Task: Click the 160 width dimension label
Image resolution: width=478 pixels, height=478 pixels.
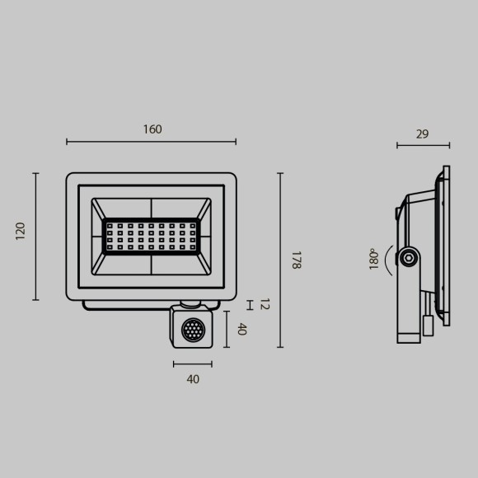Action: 152,129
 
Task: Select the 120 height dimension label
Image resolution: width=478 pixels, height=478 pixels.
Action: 21,231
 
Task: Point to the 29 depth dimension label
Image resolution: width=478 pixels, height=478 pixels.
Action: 422,134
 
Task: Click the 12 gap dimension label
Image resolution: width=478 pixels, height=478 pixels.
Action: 265,304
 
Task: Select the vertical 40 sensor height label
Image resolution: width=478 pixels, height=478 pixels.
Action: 241,329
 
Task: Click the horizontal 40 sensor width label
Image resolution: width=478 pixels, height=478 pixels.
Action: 193,380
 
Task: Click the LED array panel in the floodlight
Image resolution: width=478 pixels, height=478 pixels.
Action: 151,236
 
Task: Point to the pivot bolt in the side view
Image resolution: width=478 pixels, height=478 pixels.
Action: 408,259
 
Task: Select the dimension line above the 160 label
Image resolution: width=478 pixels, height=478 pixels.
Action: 151,143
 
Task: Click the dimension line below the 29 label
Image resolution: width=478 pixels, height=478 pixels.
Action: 423,146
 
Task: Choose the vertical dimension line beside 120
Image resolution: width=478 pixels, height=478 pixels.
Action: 35,236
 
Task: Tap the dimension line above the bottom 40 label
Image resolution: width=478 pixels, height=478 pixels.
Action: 193,363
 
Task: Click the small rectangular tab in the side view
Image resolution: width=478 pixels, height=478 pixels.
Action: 428,324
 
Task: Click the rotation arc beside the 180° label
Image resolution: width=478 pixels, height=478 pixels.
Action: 387,259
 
